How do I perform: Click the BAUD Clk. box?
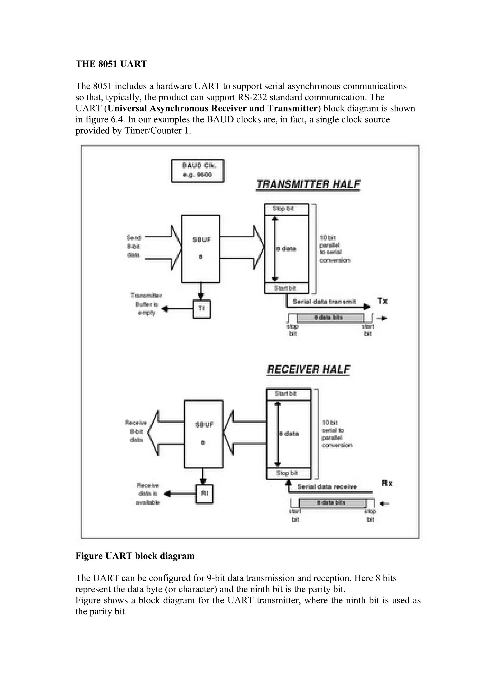197,171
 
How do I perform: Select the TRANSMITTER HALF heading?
308,185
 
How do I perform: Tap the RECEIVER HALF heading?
308,370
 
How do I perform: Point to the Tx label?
382,301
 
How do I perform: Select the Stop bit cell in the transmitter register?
286,209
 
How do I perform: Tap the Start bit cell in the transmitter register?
286,288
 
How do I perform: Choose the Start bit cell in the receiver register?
288,394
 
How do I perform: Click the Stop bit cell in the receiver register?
288,473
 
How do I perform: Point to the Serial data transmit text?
324,302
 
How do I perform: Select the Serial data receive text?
327,487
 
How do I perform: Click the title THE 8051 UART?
111,64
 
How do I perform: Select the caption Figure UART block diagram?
135,556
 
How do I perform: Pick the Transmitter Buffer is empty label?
146,304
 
